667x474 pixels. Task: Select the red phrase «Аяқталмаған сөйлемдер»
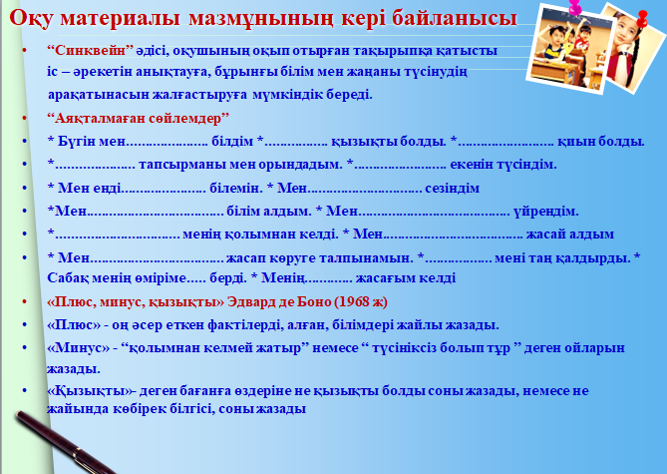pyautogui.click(x=139, y=118)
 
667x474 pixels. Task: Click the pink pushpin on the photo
pyautogui.click(x=574, y=7)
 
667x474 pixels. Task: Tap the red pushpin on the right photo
pyautogui.click(x=642, y=19)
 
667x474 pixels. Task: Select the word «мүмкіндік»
pyautogui.click(x=288, y=94)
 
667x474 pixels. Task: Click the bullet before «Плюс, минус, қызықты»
pyautogui.click(x=24, y=301)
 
